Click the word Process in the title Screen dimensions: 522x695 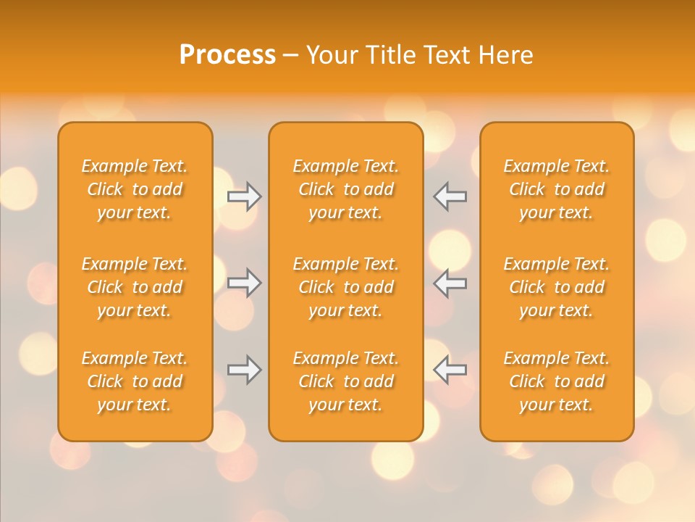coord(227,55)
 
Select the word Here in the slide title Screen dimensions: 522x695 coord(508,55)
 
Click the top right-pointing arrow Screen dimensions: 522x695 coord(245,196)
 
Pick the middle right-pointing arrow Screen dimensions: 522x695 coord(245,282)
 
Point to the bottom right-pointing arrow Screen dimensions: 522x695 coord(245,369)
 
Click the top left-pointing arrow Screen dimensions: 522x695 coord(450,196)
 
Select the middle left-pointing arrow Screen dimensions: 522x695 coord(450,282)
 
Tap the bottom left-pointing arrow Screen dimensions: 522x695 coord(450,369)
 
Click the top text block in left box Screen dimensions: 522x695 coord(135,189)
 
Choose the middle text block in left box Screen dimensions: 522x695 coord(135,287)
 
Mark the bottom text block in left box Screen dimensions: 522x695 coord(135,381)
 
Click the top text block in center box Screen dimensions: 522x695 coord(345,189)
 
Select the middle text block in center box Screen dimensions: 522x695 coord(345,287)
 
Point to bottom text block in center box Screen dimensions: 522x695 coord(345,381)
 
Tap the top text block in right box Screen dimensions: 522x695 coord(556,189)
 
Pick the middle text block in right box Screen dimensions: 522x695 coord(556,287)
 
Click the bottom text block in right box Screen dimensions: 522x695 coord(556,381)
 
